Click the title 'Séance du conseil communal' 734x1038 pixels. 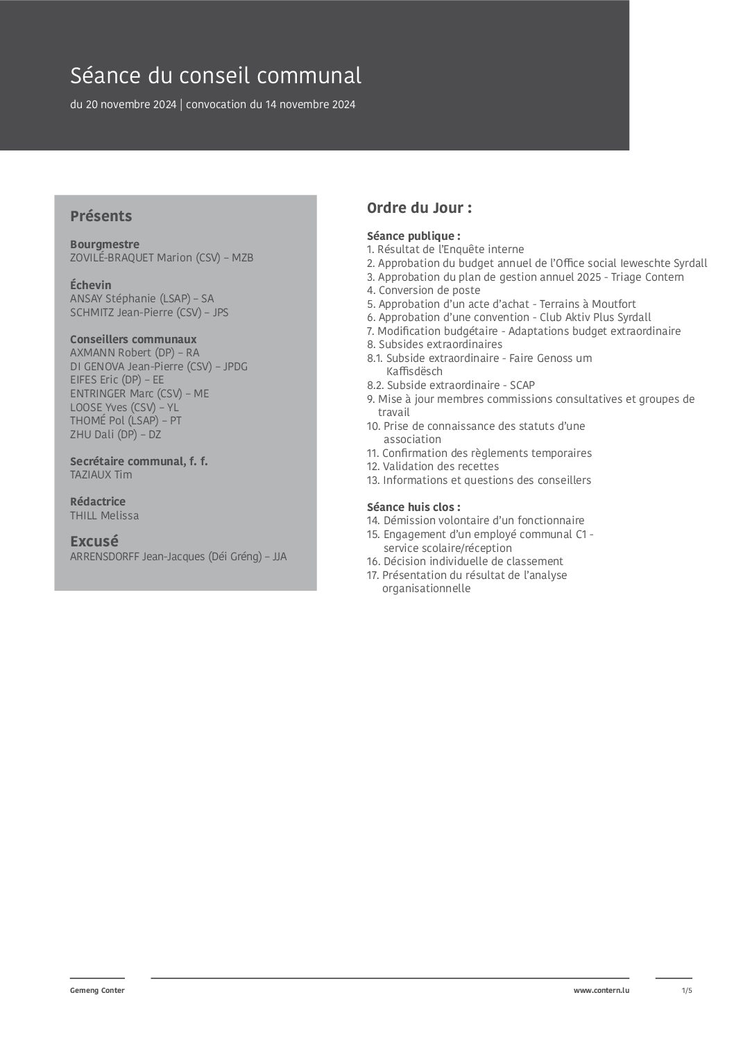coord(216,76)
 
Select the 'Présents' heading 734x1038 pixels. coord(101,216)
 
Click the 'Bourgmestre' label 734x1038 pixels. coord(105,244)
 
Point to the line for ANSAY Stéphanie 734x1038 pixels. coord(142,299)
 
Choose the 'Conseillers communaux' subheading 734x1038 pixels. coord(133,339)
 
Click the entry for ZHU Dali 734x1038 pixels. coord(115,434)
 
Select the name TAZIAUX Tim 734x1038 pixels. coord(101,475)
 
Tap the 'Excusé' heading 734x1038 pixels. coord(94,541)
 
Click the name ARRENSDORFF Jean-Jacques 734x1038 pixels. coord(178,556)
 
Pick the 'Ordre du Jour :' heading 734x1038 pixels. coord(419,208)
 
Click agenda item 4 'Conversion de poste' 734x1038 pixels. coord(423,291)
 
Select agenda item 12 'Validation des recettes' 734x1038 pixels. coord(433,467)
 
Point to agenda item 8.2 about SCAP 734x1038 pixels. coord(451,385)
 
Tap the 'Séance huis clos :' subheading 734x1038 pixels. coord(413,507)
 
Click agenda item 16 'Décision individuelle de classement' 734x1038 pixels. coord(465,562)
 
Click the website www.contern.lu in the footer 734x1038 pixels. coord(601,990)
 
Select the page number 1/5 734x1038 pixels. coord(687,990)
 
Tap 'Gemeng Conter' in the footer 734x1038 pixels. coord(97,990)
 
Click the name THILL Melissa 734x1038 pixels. coord(104,516)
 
